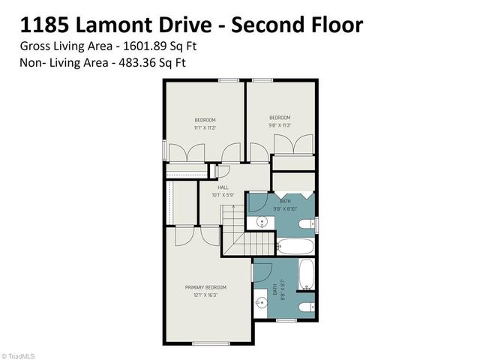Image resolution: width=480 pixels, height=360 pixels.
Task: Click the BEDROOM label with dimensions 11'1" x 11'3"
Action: click(205, 120)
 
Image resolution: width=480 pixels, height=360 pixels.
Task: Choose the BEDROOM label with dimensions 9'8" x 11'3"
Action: click(280, 117)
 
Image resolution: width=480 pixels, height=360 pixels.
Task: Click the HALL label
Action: click(223, 187)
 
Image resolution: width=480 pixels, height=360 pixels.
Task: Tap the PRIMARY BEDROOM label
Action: click(206, 287)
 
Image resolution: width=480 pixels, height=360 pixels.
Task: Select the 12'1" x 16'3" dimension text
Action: click(206, 295)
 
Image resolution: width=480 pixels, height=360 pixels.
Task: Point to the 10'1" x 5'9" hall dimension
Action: click(223, 195)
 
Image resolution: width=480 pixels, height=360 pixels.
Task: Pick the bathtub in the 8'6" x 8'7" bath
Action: click(307, 274)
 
